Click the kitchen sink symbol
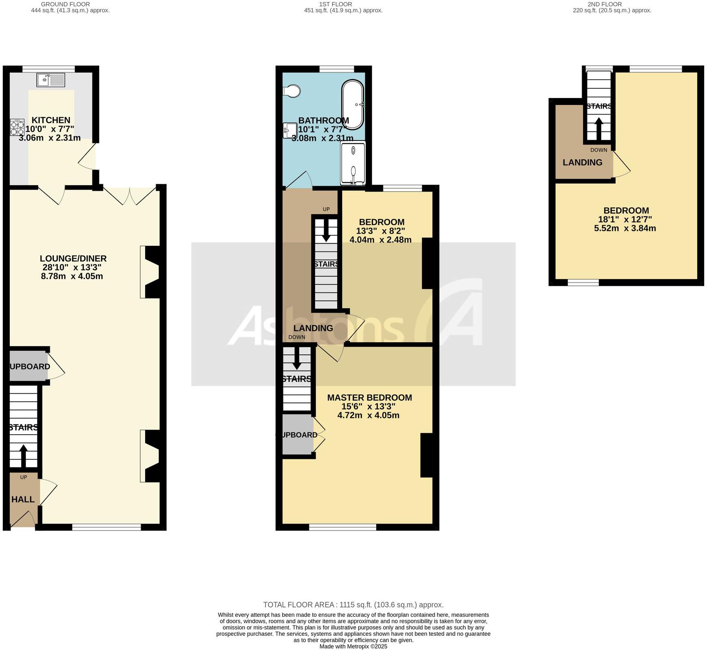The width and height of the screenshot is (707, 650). pos(51,80)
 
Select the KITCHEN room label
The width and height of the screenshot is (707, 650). pos(51,120)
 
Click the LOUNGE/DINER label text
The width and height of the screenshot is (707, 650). pos(73,258)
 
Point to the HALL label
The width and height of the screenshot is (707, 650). pos(23,499)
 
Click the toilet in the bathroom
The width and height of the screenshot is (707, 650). pos(292,91)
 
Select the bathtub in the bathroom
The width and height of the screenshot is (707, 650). pos(353,104)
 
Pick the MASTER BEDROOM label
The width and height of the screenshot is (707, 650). pos(369,398)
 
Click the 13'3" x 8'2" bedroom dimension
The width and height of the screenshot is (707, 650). pos(380,231)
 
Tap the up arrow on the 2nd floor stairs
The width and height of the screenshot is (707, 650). pos(599,127)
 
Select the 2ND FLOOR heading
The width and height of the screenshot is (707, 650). pos(612,4)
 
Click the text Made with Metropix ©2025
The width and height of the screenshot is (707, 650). pos(353,646)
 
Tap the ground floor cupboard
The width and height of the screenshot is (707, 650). pos(28,366)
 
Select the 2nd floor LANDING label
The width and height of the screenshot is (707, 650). pos(582,162)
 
